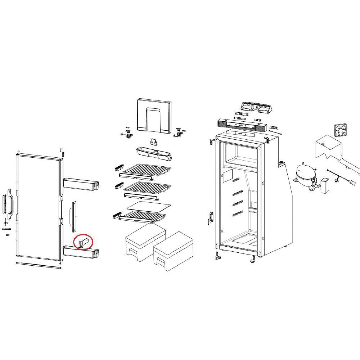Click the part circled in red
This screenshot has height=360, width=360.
click(x=84, y=242)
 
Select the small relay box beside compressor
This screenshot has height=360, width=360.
click(x=326, y=185)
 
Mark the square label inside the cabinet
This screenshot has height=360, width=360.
click(x=228, y=176)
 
